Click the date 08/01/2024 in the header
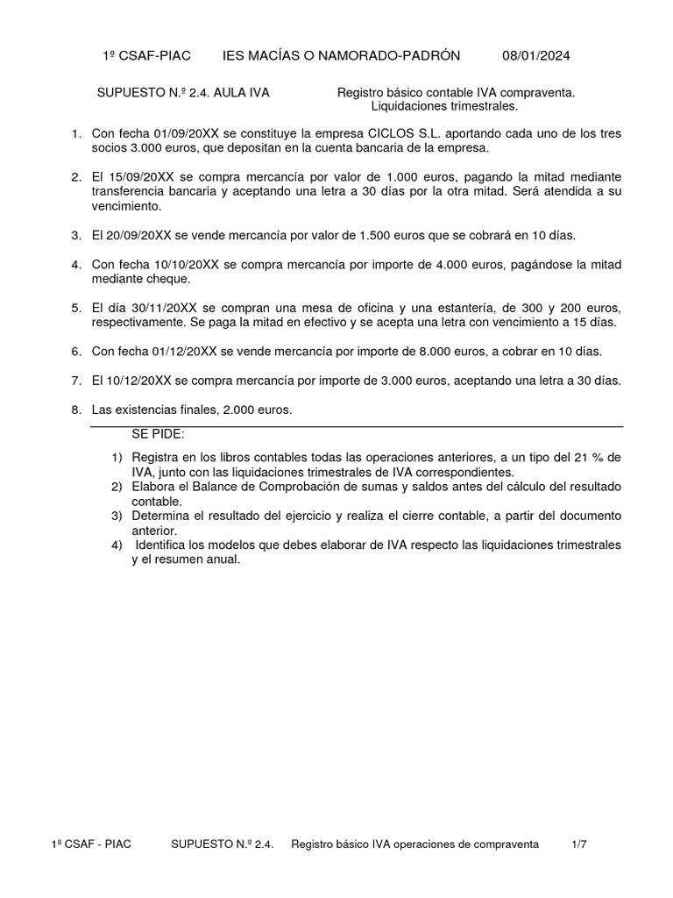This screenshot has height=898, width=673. click(x=535, y=56)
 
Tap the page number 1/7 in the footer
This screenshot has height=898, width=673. click(x=577, y=844)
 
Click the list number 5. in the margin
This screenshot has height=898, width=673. click(x=75, y=309)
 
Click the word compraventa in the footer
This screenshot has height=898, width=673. click(x=505, y=844)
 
